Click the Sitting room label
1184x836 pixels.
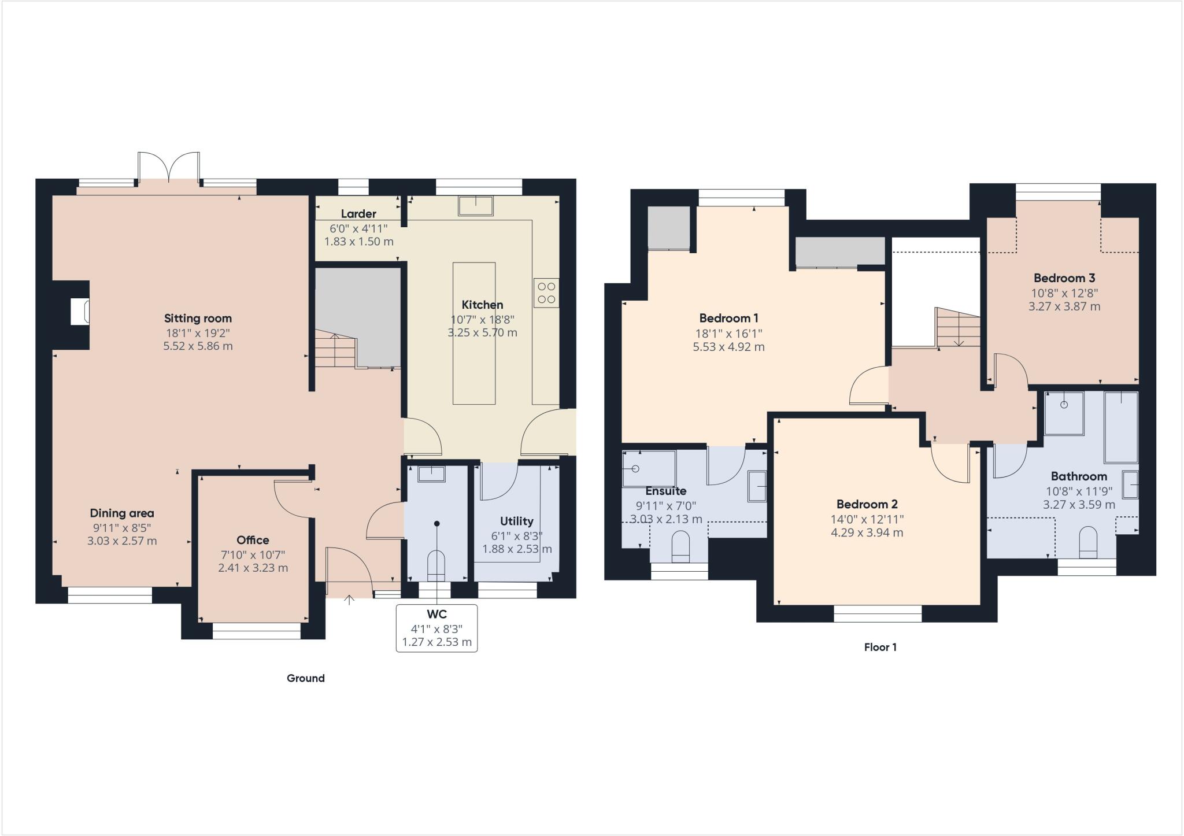pyautogui.click(x=198, y=318)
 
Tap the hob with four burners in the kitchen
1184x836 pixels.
pyautogui.click(x=546, y=293)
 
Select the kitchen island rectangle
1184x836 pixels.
pyautogui.click(x=473, y=333)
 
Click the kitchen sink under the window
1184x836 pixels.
pyautogui.click(x=476, y=206)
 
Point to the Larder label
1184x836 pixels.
pyautogui.click(x=358, y=214)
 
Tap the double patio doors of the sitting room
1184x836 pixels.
pyautogui.click(x=169, y=168)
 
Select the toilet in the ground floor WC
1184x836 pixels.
pyautogui.click(x=436, y=566)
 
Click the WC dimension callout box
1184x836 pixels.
pyautogui.click(x=436, y=628)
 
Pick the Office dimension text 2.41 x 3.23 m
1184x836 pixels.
pyautogui.click(x=253, y=568)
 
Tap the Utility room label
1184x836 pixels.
pyautogui.click(x=516, y=521)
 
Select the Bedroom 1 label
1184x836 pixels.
pyautogui.click(x=728, y=318)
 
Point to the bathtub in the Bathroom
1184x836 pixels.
pyautogui.click(x=1120, y=427)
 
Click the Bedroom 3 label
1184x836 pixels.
pyautogui.click(x=1064, y=278)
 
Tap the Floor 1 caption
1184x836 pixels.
pyautogui.click(x=880, y=648)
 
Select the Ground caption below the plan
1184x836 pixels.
pyautogui.click(x=305, y=678)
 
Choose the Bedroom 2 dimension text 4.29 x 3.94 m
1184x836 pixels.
pyautogui.click(x=867, y=532)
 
